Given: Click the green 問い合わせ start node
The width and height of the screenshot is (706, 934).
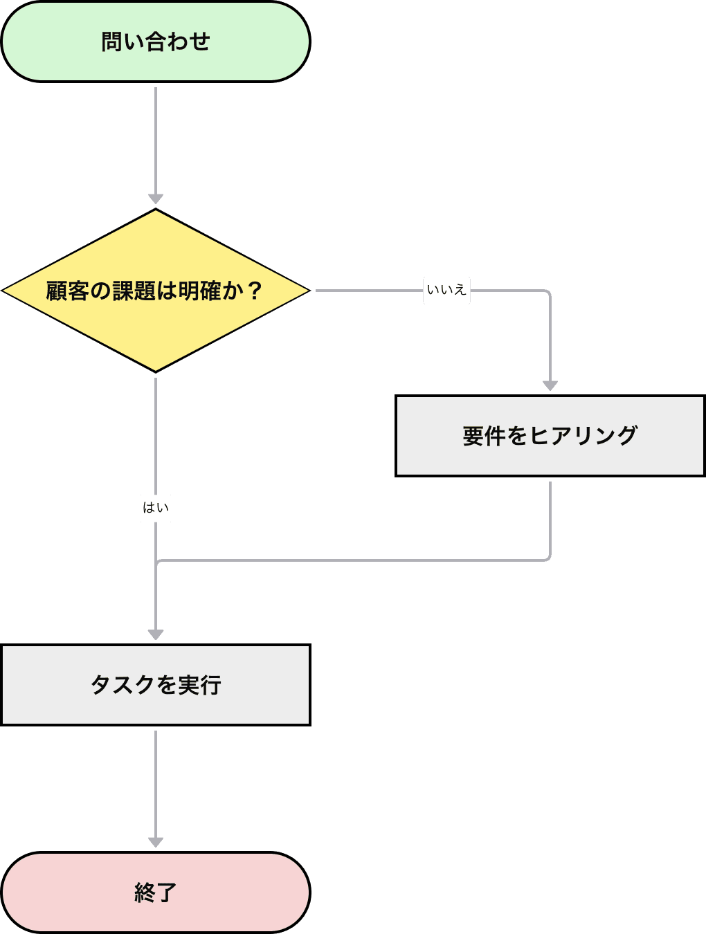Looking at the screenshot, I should click(x=156, y=42).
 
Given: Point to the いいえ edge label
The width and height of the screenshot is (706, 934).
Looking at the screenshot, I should click(x=446, y=290).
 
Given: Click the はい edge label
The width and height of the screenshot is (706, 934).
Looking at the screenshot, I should click(x=156, y=508).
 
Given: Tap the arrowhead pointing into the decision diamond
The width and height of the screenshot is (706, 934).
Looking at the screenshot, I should click(x=156, y=199).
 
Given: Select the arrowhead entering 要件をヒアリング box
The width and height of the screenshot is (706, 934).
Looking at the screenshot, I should click(x=550, y=385).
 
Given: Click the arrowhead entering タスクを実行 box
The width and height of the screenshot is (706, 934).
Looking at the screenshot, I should click(x=156, y=634).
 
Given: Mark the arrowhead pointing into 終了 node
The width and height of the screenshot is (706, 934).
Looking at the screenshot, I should click(x=156, y=842).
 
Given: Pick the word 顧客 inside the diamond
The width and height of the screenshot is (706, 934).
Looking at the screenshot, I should click(x=68, y=291).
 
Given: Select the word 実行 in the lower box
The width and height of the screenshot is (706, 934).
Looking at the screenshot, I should click(x=199, y=685).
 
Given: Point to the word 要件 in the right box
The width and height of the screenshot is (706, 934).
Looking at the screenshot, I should click(x=484, y=436).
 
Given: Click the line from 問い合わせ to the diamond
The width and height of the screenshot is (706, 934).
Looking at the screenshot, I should click(x=156, y=138).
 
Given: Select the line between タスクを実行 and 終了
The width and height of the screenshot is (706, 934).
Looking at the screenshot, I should click(x=156, y=782).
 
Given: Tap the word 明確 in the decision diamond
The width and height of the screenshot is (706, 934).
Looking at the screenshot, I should click(x=200, y=291).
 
